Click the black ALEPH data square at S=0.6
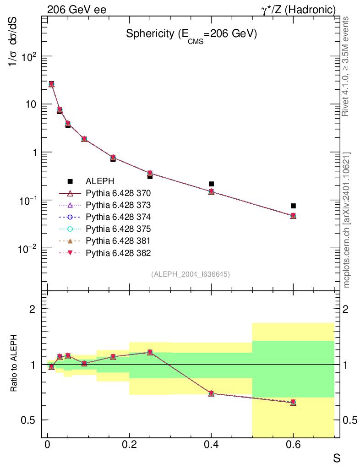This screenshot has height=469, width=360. point(293,206)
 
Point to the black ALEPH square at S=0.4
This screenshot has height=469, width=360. point(211,184)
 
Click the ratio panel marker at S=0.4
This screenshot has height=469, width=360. point(211,393)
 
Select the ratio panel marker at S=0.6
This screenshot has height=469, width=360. point(293,402)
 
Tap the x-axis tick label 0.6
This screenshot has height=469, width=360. point(293,445)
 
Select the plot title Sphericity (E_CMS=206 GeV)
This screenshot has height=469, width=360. point(191,35)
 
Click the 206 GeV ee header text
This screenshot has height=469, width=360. point(76,9)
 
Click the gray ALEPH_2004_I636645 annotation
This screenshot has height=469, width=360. point(190,274)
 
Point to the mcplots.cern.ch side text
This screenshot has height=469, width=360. point(347,220)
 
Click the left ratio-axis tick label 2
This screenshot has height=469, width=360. point(33,309)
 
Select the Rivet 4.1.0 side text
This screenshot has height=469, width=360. point(347,66)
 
